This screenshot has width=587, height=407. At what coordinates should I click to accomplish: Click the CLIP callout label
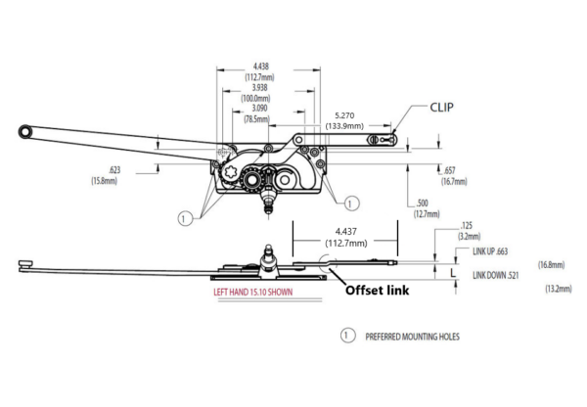click(442, 108)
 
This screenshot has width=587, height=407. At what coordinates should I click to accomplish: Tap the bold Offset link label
click(377, 291)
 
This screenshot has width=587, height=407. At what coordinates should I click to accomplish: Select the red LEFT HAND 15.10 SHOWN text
click(253, 293)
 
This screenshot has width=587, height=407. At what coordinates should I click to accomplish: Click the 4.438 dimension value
click(261, 67)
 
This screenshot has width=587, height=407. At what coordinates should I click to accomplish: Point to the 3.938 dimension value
click(259, 88)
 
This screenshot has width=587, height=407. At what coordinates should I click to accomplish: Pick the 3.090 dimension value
click(259, 109)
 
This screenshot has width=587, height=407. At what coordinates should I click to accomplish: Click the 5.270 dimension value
click(344, 115)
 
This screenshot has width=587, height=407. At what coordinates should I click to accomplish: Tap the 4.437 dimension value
click(346, 232)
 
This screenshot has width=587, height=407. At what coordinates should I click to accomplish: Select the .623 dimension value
click(114, 170)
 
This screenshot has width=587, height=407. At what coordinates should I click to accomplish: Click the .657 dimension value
click(449, 171)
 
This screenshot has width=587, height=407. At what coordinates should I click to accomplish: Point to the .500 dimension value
click(422, 203)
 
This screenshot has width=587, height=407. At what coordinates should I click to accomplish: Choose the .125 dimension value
click(467, 226)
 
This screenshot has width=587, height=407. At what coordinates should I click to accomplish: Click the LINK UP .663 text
click(490, 251)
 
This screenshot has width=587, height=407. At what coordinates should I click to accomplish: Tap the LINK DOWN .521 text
click(496, 276)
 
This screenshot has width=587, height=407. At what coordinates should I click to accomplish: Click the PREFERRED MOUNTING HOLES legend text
click(413, 337)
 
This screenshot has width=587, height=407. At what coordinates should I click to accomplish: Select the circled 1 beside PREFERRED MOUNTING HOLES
click(347, 336)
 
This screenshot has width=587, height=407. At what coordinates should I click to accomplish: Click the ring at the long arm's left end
click(25, 132)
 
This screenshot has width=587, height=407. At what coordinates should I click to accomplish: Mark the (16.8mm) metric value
click(552, 265)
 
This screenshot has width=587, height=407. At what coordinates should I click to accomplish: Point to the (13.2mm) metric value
click(559, 289)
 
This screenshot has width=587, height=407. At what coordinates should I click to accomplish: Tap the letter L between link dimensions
click(453, 273)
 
